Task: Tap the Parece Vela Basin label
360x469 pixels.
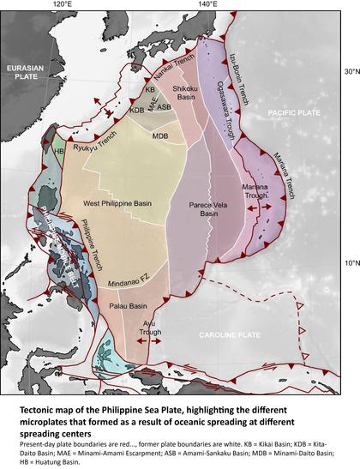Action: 204,210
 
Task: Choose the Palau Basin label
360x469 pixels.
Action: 129,305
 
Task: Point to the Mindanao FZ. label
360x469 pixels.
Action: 130,280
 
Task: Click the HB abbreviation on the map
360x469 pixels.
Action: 59,151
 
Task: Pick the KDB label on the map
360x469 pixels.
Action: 137,110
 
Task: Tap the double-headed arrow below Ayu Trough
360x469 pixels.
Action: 147,341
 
